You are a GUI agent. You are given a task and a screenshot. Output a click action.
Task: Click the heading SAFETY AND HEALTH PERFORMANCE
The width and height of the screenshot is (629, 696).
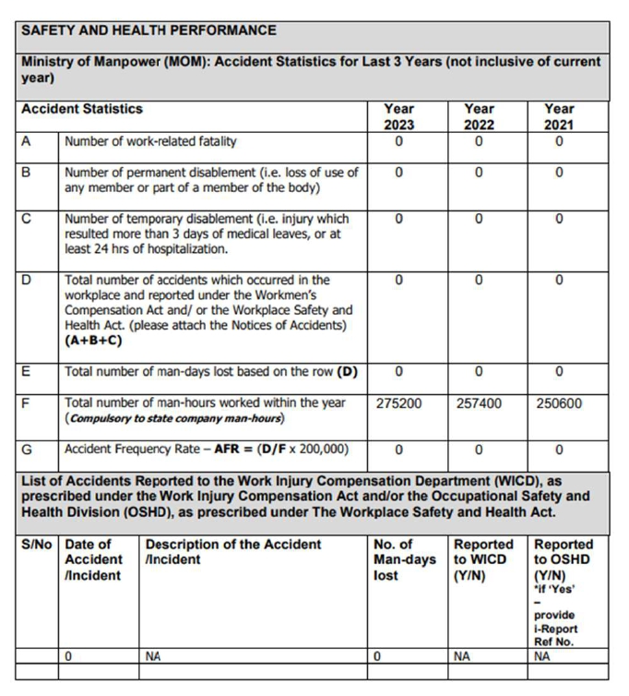148,30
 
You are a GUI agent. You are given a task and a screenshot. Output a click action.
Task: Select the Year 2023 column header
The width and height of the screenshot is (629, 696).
398,116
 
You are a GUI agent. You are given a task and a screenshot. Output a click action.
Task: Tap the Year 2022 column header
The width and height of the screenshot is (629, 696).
479,116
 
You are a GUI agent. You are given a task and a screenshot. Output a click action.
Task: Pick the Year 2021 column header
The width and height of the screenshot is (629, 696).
559,116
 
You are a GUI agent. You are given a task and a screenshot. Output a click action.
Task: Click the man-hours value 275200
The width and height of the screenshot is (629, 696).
399,402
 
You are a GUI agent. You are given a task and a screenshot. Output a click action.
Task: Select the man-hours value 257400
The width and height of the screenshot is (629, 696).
480,402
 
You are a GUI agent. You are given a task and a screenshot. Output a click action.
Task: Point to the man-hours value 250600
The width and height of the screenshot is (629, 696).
559,402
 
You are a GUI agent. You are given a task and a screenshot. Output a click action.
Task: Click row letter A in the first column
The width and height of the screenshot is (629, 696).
28,141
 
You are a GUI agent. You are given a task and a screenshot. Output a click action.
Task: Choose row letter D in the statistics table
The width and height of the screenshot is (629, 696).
28,279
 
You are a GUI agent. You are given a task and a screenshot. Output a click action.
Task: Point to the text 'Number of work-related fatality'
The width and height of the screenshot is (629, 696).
150,141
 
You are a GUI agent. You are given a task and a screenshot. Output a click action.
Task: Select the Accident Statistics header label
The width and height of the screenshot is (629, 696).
82,109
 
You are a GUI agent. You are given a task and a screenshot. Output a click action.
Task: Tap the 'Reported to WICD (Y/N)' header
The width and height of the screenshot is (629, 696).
482,559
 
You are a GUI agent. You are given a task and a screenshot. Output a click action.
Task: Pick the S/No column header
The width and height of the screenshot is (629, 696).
38,545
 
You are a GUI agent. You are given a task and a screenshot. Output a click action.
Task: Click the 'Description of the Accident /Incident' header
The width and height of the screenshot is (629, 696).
232,552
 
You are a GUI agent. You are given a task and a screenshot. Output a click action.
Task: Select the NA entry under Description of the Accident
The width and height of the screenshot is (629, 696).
154,657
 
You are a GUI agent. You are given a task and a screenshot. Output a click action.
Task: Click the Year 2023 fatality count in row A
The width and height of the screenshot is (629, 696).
398,141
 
